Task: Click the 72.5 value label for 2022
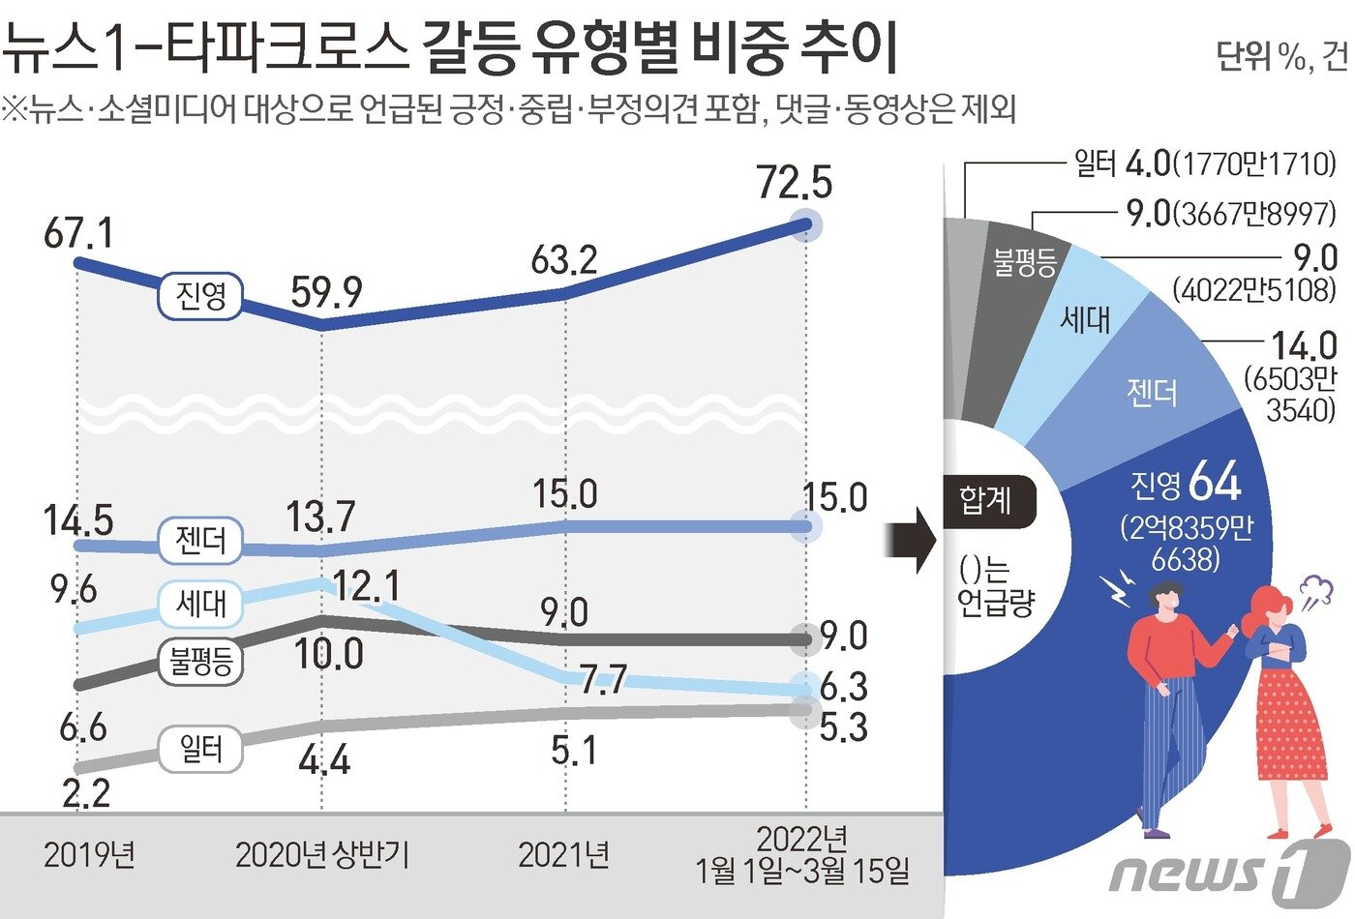pyautogui.click(x=795, y=182)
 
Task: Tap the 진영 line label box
pyautogui.click(x=201, y=295)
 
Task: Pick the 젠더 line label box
pyautogui.click(x=201, y=539)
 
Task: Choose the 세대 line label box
pyautogui.click(x=201, y=604)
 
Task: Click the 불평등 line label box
pyautogui.click(x=201, y=662)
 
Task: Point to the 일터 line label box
pyautogui.click(x=201, y=748)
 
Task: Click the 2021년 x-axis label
pyautogui.click(x=563, y=854)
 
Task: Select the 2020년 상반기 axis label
pyautogui.click(x=322, y=854)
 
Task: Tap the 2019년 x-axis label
pyautogui.click(x=89, y=854)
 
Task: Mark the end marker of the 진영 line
pyautogui.click(x=804, y=224)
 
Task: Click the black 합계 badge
pyautogui.click(x=986, y=500)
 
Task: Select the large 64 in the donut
pyautogui.click(x=1215, y=480)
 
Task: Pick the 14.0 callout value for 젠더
pyautogui.click(x=1303, y=346)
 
